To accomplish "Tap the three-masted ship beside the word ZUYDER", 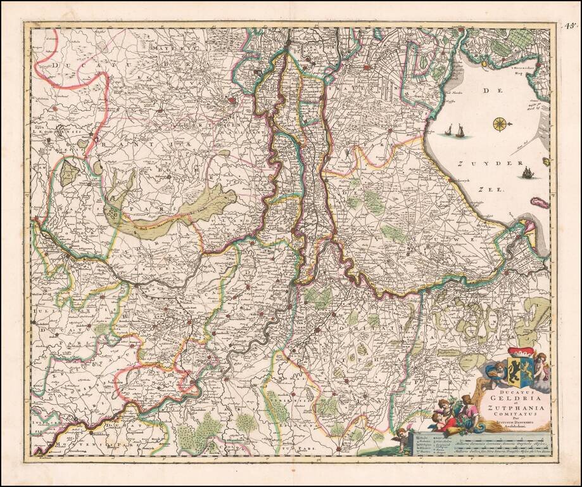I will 527,172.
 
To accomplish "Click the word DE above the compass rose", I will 488,93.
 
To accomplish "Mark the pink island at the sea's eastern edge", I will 538,202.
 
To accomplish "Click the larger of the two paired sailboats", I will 460,131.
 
